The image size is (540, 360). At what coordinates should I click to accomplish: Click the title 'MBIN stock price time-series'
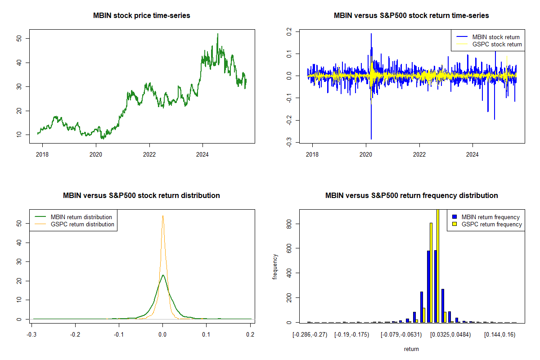141,16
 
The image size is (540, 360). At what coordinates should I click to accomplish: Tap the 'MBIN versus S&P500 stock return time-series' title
411,16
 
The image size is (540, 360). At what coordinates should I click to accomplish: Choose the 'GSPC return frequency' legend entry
491,224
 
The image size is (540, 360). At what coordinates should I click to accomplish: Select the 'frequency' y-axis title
276,267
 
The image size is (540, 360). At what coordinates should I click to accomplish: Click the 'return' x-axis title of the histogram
411,349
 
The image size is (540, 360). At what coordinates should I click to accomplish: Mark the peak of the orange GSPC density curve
163,216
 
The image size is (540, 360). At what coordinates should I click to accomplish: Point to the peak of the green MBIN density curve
163,275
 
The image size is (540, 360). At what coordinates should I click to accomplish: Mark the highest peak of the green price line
218,34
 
